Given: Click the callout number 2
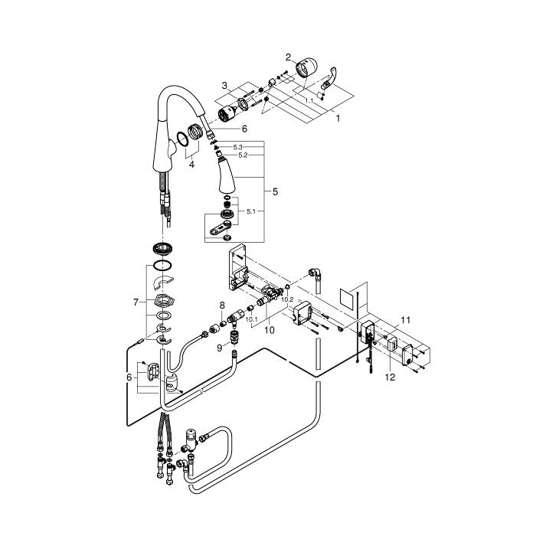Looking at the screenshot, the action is (288, 57).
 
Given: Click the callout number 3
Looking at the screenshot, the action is (224, 85).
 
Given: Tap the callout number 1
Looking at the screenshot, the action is (338, 118).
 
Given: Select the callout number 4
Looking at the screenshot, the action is (191, 165).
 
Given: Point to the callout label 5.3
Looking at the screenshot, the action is (237, 147).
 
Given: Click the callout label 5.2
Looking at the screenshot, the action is (243, 155).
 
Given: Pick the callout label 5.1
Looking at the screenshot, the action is (251, 211).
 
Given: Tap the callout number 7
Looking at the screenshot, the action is (136, 302).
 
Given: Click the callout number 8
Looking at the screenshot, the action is (222, 306).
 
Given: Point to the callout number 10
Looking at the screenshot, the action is (270, 330).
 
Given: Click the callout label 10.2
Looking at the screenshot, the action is (287, 299).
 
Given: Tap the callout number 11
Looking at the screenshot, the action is (405, 320).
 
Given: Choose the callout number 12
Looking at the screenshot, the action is (390, 377).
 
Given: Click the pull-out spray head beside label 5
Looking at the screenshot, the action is (227, 175).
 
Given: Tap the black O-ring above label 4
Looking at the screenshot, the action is (182, 139).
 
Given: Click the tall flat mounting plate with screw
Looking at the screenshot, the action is (237, 266).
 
